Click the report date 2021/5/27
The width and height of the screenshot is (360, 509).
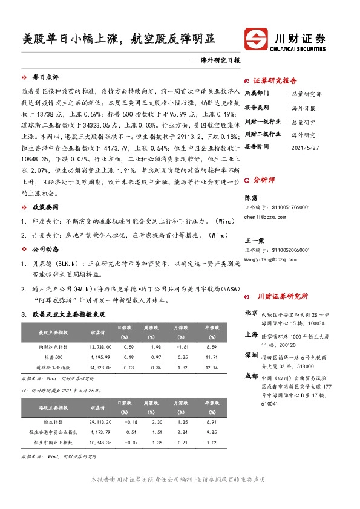304,147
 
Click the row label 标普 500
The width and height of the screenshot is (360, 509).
53,357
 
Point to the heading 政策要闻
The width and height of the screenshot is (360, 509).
45,206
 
